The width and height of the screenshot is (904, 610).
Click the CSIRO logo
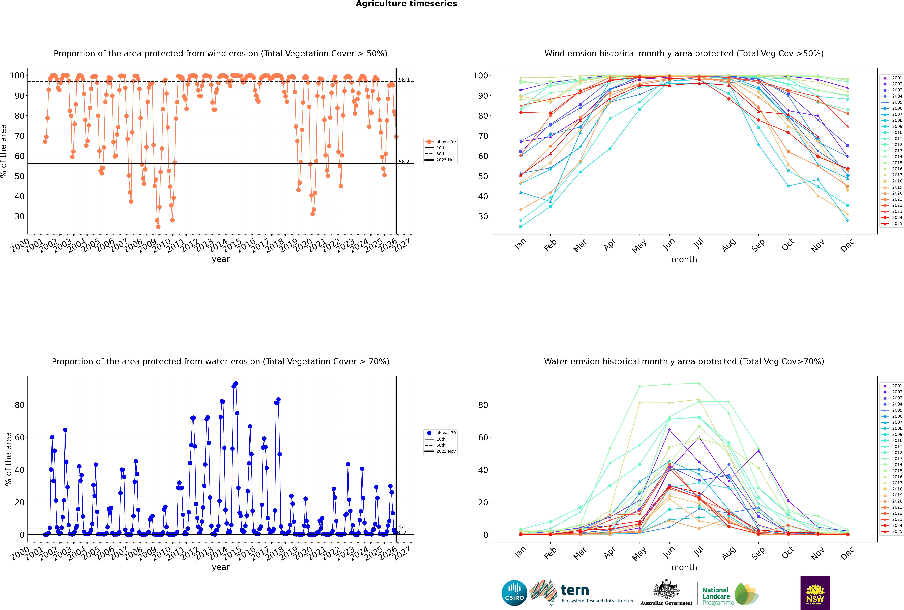(514, 593)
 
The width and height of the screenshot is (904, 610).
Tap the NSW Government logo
(815, 593)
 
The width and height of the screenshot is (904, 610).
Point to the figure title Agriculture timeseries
(406, 4)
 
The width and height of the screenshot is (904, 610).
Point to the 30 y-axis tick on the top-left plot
(19, 216)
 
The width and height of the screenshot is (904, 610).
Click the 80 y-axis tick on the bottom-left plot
(19, 405)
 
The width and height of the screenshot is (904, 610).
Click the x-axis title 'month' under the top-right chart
(684, 260)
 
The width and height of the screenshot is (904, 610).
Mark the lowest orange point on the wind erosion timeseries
(158, 227)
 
